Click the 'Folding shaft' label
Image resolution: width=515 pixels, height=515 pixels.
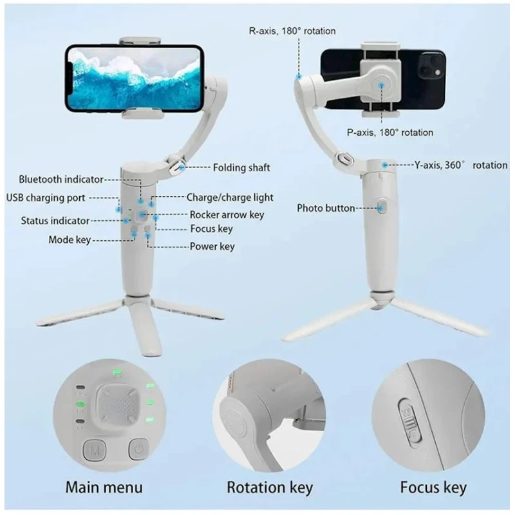241,167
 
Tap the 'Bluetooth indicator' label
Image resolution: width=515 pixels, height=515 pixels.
61,180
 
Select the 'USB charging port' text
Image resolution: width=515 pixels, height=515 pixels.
46,198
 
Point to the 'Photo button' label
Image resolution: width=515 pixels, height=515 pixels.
326,208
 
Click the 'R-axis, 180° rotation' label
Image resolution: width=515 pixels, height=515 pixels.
292,31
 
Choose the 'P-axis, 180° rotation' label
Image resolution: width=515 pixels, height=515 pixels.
390,133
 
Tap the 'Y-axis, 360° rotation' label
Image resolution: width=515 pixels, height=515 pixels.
460,165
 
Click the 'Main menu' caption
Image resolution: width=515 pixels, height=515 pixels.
104,487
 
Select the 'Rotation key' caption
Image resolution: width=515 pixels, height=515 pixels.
270,487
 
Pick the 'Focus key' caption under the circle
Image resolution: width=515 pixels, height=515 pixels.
433,487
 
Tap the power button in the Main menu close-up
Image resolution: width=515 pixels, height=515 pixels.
139,449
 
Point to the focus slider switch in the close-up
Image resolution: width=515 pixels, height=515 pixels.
409,419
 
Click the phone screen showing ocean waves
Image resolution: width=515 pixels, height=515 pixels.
134,79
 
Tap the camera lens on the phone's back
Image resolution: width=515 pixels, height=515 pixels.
431,65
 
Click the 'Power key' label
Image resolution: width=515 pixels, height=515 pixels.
212,247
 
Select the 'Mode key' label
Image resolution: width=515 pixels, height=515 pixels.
70,239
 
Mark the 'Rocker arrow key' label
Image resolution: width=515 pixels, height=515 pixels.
227,215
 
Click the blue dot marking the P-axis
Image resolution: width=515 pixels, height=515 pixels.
381,85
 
